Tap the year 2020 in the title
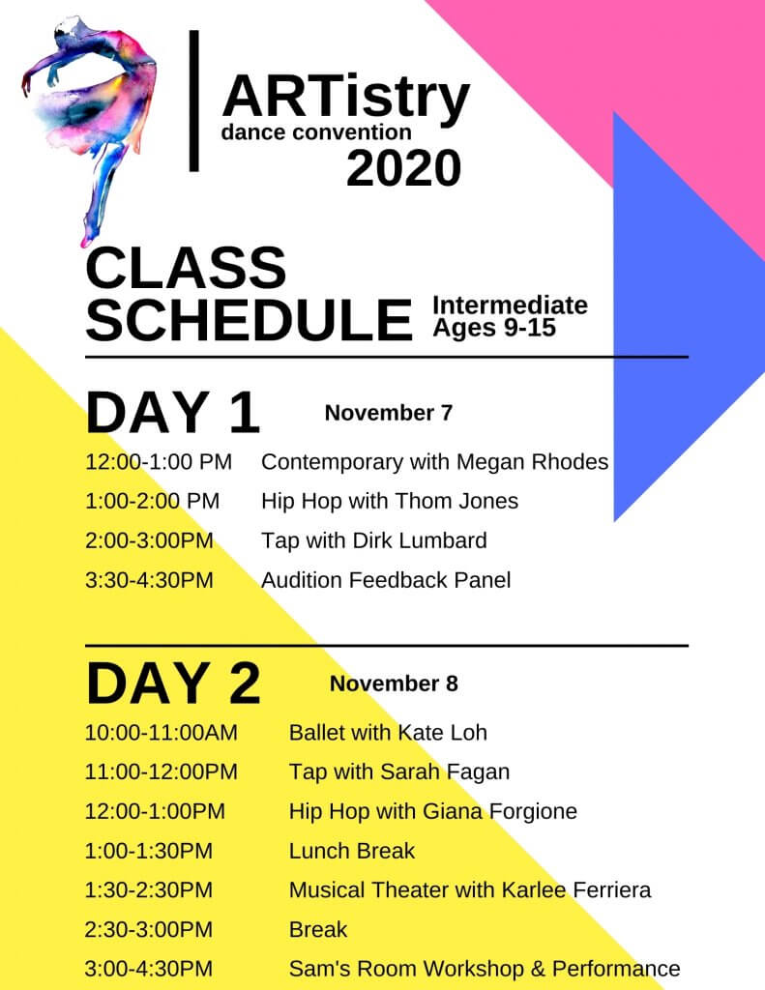click(x=403, y=168)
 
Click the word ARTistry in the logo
click(x=346, y=98)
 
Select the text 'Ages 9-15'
click(x=494, y=328)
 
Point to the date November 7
click(x=389, y=413)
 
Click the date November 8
click(x=394, y=684)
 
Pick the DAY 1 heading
click(x=172, y=412)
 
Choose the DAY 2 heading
click(x=173, y=683)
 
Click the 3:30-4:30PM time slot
click(x=149, y=580)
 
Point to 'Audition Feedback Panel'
click(x=386, y=580)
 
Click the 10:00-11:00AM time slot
click(x=162, y=733)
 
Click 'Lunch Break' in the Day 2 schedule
click(x=352, y=851)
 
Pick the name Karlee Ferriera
click(x=575, y=890)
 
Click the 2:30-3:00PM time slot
click(x=148, y=930)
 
